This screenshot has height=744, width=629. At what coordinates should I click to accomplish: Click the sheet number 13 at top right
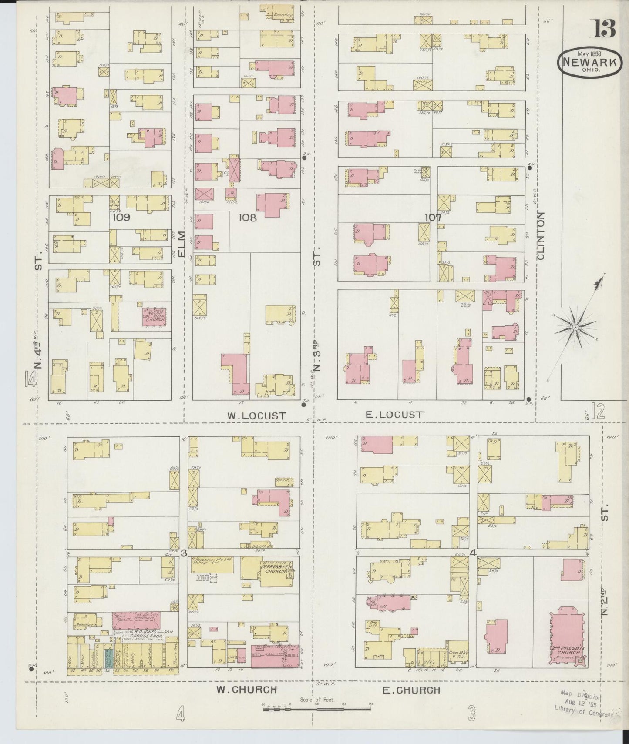[602, 30]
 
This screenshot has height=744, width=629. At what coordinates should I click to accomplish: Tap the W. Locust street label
[256, 416]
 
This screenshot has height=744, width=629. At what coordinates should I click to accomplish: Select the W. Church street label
[247, 690]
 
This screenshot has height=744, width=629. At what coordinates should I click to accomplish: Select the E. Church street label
[411, 690]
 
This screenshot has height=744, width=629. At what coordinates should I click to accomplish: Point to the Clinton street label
[541, 235]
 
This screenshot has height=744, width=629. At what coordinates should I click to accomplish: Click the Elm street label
[182, 245]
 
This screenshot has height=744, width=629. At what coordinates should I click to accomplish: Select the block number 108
[248, 218]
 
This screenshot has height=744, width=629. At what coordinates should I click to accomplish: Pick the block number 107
[433, 217]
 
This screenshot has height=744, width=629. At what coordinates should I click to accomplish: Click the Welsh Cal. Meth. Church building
[154, 317]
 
